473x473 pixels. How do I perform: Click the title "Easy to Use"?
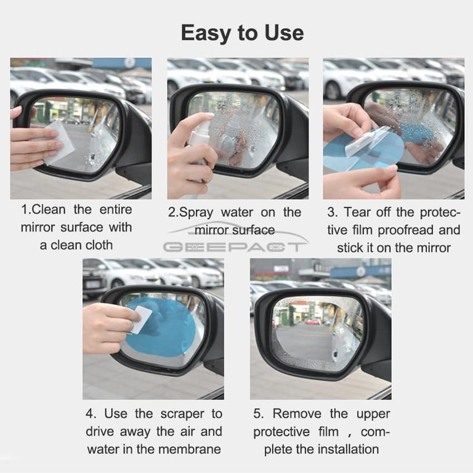coord(242,33)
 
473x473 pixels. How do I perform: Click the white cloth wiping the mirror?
coord(59,143)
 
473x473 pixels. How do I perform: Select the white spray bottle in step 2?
coord(196,157)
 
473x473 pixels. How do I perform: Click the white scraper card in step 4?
coord(140,320)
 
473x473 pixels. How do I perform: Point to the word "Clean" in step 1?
coord(48,209)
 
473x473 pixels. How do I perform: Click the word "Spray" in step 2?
coord(196,213)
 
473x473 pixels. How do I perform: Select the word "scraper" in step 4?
coord(182,414)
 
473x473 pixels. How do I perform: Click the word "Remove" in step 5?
coord(297,414)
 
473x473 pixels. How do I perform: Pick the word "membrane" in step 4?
coord(190,449)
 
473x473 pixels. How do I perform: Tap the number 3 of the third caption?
coord(331,212)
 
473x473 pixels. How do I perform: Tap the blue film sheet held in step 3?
coord(362,152)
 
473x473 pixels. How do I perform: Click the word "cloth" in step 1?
coord(98,245)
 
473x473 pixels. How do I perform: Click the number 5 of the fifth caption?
coord(257,414)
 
